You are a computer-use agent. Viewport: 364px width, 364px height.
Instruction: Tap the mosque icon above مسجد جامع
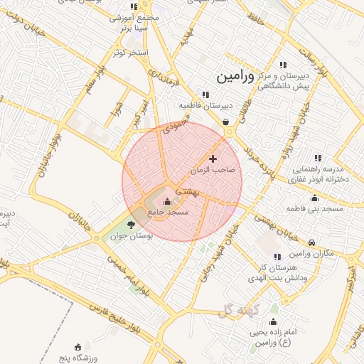pyautogui.click(x=168, y=201)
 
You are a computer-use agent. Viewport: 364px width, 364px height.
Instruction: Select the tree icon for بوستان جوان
pyautogui.click(x=129, y=225)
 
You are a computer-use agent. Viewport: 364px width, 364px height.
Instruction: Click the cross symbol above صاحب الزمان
pyautogui.click(x=213, y=158)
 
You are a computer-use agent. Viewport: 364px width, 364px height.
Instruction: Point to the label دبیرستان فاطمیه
pyautogui.click(x=205, y=105)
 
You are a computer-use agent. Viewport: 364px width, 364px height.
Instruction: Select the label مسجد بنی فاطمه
pyautogui.click(x=315, y=209)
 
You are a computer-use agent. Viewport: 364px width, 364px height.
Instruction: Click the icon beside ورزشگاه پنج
pyautogui.click(x=77, y=346)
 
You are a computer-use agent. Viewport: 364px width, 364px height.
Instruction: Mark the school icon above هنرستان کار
pyautogui.click(x=277, y=257)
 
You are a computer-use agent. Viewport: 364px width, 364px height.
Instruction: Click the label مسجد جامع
pyautogui.click(x=173, y=212)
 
